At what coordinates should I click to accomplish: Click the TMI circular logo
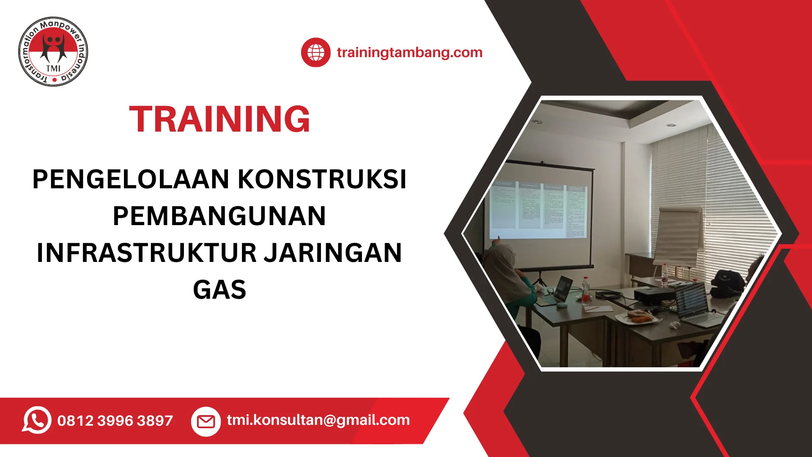click(53, 52)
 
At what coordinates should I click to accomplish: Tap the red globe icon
click(315, 52)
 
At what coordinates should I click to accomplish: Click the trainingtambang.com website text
click(409, 52)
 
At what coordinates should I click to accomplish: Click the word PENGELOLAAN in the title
click(131, 179)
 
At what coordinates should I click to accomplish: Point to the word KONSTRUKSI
click(322, 179)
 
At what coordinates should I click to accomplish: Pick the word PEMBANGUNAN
click(219, 216)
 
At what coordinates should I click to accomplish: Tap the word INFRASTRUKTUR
click(147, 253)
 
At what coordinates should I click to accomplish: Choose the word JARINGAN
click(333, 253)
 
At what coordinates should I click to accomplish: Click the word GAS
click(219, 290)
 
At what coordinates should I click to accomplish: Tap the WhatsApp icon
click(37, 420)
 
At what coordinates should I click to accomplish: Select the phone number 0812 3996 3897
click(115, 421)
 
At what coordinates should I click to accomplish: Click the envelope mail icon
click(206, 421)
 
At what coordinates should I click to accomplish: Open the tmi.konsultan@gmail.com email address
click(318, 420)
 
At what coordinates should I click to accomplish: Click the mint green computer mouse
click(561, 304)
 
